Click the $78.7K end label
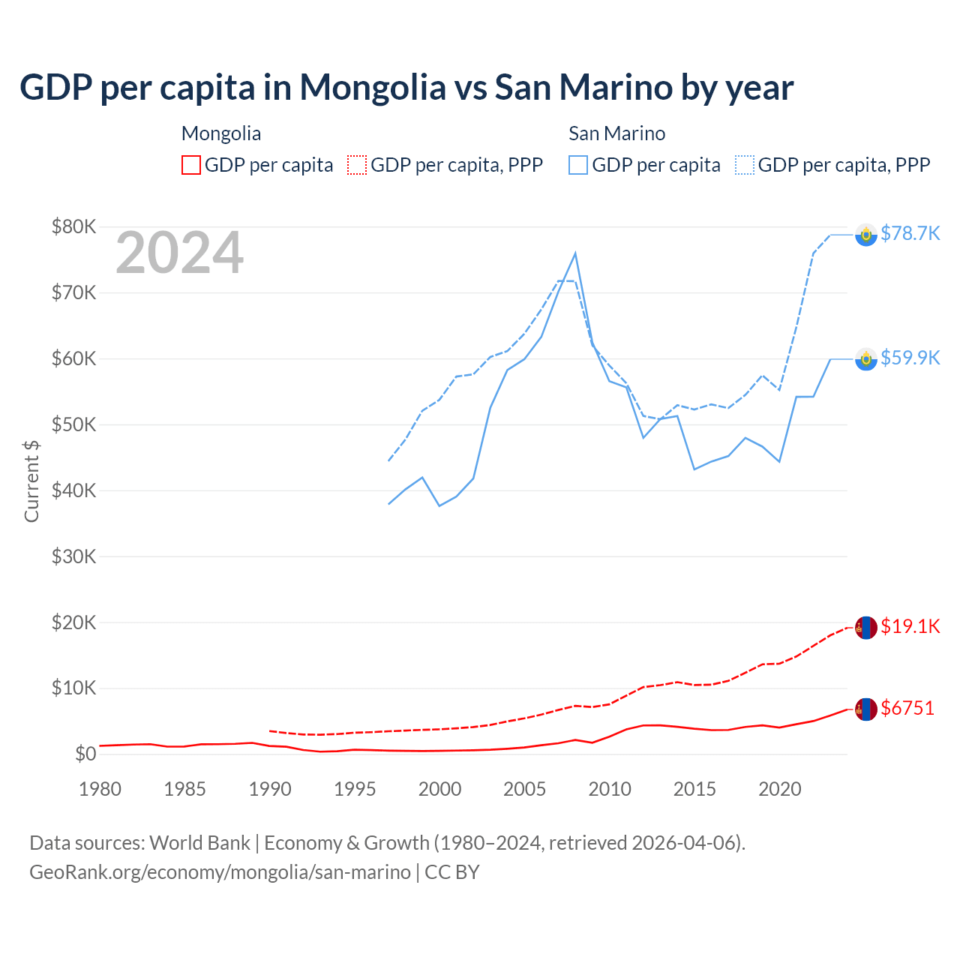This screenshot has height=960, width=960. [910, 233]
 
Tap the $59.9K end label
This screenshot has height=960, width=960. [910, 358]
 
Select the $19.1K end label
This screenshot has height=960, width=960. [910, 626]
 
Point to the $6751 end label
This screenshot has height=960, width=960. [907, 708]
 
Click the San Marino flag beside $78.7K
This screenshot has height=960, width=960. [866, 235]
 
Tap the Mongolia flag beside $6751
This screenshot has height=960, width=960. [866, 709]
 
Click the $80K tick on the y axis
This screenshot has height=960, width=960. [74, 226]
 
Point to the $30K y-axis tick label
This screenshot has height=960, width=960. [74, 556]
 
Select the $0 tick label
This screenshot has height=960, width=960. [85, 754]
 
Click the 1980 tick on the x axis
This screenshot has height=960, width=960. [100, 789]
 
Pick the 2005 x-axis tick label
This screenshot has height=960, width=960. [525, 789]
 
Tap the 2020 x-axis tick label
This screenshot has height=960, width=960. [780, 789]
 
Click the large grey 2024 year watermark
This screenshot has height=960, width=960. [180, 253]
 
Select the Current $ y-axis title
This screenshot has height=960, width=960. [31, 481]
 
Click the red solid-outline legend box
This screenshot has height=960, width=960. [191, 165]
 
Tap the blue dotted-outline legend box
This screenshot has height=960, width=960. [745, 165]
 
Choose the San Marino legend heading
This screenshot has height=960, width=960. [616, 133]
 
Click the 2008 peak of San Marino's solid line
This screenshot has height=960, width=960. [575, 253]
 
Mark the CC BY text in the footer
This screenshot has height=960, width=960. [452, 872]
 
